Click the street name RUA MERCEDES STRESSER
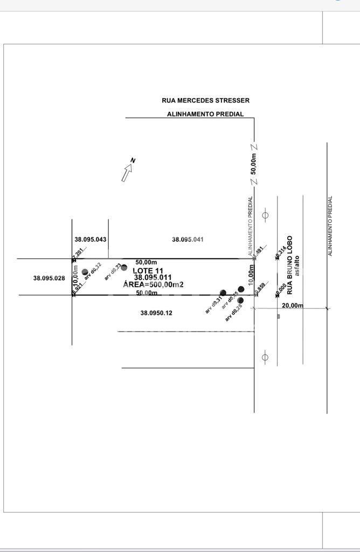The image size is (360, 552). pos(205,100)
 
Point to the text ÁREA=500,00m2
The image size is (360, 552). pos(154,285)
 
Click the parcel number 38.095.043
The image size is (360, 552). pos(90,239)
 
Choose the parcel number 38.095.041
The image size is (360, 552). pos(188,239)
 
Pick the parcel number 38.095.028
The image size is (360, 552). pos(49,278)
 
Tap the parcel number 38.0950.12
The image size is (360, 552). pos(156,313)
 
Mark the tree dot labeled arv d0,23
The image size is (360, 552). pos(124,267)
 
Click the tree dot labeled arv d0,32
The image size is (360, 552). pos(85,272)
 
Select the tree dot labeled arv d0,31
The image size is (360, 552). pos(223,293)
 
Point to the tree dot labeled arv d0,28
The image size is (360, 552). pos(240,300)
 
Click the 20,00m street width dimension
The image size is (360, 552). pos(293,306)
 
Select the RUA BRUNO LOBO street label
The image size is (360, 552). pos(289,265)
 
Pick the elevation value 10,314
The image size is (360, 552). pos(280,253)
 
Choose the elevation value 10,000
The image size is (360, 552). pos(280,290)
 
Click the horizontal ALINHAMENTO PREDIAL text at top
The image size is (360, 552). pos(205,114)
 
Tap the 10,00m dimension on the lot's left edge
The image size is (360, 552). pos(75,277)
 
